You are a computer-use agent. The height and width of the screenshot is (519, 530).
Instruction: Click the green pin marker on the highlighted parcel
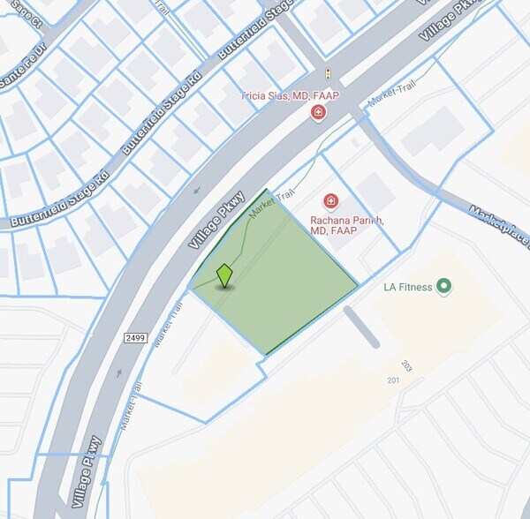click(x=224, y=275)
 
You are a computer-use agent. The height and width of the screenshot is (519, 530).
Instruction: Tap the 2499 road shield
click(x=135, y=337)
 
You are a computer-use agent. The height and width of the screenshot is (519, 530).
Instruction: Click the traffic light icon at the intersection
click(x=329, y=75)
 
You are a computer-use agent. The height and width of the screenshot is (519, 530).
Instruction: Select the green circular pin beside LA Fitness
click(x=444, y=286)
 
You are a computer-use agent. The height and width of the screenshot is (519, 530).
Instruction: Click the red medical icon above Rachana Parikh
click(x=332, y=203)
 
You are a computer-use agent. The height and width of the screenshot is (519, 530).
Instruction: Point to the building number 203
click(x=406, y=365)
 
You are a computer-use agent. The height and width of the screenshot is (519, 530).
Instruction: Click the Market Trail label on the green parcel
click(x=270, y=206)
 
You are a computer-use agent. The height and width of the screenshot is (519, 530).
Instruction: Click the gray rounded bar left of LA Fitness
click(x=360, y=327)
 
